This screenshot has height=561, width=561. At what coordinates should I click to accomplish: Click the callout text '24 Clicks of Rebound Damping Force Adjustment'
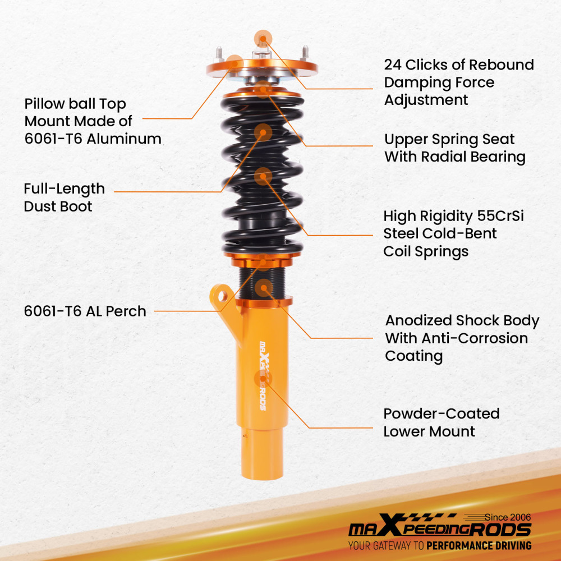click(x=459, y=82)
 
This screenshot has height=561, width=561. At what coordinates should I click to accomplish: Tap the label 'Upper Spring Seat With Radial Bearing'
click(x=455, y=148)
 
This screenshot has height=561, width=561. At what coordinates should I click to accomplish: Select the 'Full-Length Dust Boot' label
click(x=65, y=197)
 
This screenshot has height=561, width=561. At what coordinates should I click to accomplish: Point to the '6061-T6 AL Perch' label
click(x=85, y=311)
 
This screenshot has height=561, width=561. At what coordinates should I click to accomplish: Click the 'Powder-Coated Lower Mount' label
click(x=442, y=422)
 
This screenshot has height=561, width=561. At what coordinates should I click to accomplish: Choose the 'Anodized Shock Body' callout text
click(x=462, y=320)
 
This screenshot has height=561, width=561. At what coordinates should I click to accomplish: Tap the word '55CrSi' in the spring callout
click(x=500, y=216)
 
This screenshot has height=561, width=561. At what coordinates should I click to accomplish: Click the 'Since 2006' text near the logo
click(x=508, y=517)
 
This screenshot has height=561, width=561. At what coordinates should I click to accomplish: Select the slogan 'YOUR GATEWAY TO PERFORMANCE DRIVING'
click(x=440, y=546)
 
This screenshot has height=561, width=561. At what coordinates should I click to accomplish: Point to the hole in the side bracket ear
click(x=222, y=296)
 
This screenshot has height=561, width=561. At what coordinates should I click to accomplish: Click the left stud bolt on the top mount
click(x=219, y=54)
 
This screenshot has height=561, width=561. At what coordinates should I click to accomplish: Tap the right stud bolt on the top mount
click(x=305, y=53)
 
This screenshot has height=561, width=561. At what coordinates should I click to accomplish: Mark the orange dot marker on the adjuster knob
click(x=263, y=39)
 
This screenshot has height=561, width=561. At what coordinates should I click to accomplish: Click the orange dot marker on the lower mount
click(x=263, y=379)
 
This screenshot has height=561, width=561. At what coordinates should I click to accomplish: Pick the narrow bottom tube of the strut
click(x=262, y=454)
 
